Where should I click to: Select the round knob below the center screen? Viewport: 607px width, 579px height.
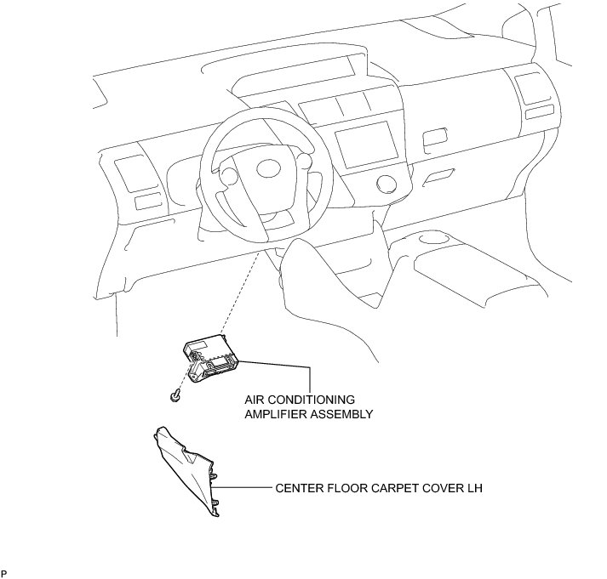coord(385,182)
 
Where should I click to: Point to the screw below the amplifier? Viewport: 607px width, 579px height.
coord(175,395)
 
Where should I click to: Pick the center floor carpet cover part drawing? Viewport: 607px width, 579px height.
coord(189,472)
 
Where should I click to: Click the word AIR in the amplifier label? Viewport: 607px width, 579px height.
coord(256,400)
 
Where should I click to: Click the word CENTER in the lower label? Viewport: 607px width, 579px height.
coord(299,489)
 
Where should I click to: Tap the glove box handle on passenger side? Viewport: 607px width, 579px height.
coord(438,176)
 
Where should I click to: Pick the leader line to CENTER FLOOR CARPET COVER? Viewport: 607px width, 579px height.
coord(247,489)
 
